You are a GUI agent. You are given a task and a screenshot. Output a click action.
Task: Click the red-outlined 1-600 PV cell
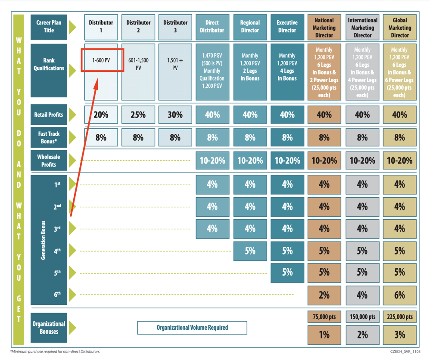(x=102, y=60)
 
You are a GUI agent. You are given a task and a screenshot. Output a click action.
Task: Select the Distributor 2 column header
(x=138, y=27)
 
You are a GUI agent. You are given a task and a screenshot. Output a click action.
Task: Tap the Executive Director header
(x=287, y=27)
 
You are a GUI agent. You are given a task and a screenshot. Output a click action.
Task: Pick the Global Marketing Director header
(x=399, y=27)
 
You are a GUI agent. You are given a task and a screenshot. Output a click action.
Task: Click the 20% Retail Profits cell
(x=101, y=115)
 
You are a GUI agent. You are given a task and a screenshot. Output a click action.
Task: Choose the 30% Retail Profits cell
(x=175, y=115)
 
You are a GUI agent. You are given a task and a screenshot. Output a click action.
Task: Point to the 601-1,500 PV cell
(x=138, y=72)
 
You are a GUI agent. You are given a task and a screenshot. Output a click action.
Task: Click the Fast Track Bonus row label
(x=49, y=137)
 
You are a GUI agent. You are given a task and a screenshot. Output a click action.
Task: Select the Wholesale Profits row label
(x=49, y=160)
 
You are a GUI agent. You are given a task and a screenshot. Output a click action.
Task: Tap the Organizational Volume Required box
(x=192, y=328)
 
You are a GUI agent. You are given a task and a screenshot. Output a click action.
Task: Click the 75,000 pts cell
(x=324, y=317)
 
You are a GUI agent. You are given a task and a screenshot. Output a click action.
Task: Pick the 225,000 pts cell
(x=399, y=317)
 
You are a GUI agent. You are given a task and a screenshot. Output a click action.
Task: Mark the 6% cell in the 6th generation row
(x=399, y=295)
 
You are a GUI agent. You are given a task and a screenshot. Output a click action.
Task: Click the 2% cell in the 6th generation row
(x=324, y=295)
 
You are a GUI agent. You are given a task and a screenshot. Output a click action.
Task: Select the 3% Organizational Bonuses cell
(x=399, y=335)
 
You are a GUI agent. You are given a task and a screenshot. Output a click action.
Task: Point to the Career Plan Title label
(x=49, y=27)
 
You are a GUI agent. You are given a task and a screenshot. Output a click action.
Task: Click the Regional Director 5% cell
(x=250, y=251)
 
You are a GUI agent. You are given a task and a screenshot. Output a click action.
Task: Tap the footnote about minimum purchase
(x=56, y=351)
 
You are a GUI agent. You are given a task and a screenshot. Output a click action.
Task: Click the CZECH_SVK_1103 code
(x=405, y=351)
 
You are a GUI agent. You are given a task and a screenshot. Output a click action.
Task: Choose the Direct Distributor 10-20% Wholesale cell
(x=212, y=160)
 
